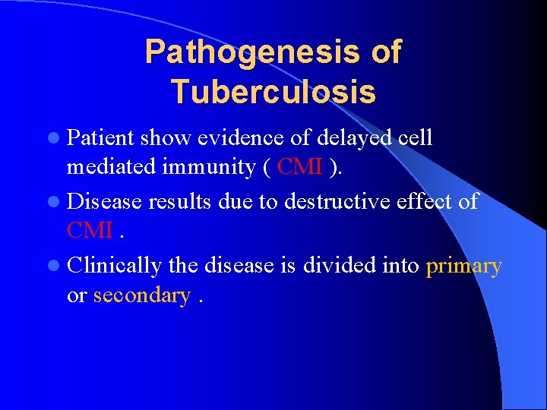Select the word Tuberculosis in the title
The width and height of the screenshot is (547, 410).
(x=273, y=92)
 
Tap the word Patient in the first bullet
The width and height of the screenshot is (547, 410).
(x=100, y=138)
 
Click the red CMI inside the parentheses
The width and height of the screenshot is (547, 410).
(x=301, y=166)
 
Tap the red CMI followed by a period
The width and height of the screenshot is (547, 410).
(x=90, y=229)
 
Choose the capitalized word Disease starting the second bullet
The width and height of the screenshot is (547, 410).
(x=104, y=201)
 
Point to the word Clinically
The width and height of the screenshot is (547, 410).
(x=115, y=266)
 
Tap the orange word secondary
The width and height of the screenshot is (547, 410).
(x=141, y=295)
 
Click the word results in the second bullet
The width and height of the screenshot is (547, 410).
(x=182, y=201)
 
